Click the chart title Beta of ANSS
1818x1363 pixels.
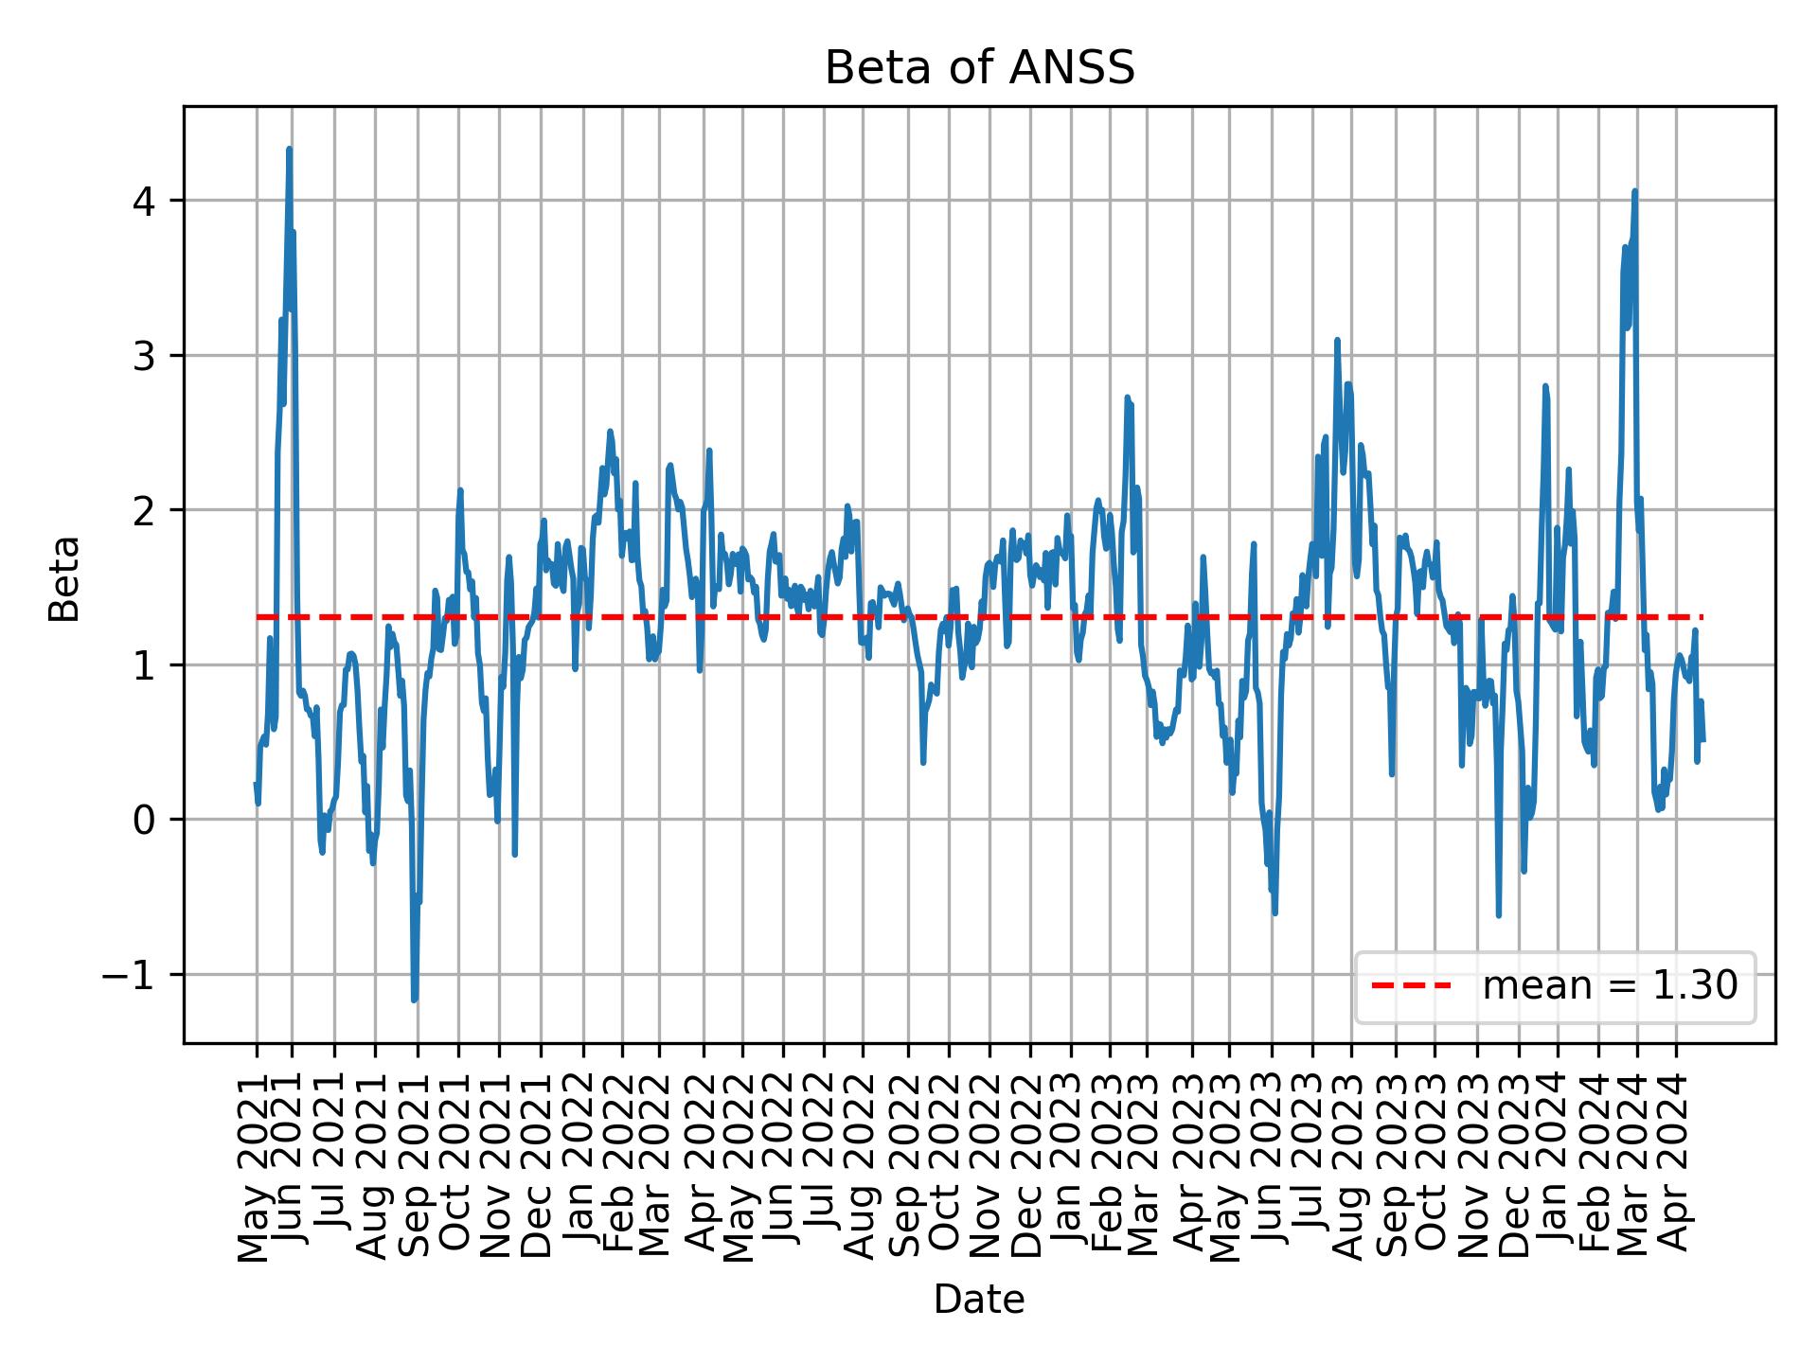pos(979,68)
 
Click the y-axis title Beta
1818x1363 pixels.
pos(64,578)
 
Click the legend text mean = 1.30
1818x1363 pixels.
pos(1610,986)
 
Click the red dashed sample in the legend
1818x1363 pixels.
pos(1411,986)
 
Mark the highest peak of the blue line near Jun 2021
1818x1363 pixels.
pos(289,150)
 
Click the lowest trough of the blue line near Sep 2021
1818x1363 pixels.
pos(414,1000)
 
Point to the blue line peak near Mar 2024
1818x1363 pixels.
pos(1634,192)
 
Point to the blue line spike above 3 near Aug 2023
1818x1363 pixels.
pos(1336,341)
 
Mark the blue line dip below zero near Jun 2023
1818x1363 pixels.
pos(1274,912)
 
